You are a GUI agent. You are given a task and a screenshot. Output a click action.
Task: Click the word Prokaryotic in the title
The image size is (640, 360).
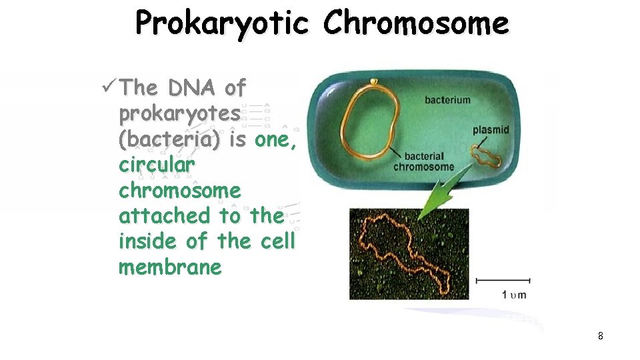coord(222,24)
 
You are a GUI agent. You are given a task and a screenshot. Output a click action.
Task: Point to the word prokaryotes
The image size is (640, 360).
coord(179,115)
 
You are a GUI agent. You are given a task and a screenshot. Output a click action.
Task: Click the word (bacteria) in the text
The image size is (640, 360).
coord(169,140)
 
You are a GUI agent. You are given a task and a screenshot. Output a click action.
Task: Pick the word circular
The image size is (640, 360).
coord(157,165)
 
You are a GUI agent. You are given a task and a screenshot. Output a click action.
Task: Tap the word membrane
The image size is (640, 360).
coord(170,267)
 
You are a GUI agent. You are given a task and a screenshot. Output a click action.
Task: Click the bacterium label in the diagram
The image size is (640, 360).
coord(447,100)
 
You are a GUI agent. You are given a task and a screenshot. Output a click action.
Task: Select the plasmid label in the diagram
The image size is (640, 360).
coord(491,130)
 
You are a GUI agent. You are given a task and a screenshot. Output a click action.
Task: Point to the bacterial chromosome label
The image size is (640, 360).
coord(423,161)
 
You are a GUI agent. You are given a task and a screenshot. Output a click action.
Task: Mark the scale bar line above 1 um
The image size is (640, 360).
coord(503,280)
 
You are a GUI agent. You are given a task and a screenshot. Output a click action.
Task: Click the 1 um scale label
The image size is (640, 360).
coord(513,294)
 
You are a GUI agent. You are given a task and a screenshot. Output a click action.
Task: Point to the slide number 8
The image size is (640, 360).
coord(600,337)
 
